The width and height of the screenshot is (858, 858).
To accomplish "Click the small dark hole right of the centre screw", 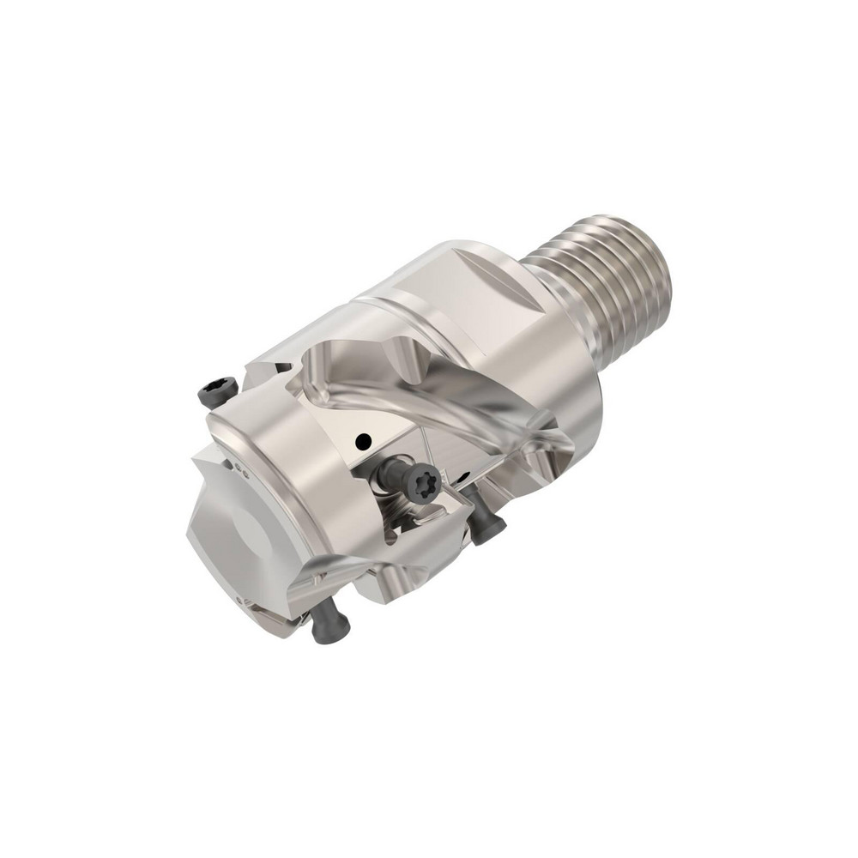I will pyautogui.click(x=463, y=474).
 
